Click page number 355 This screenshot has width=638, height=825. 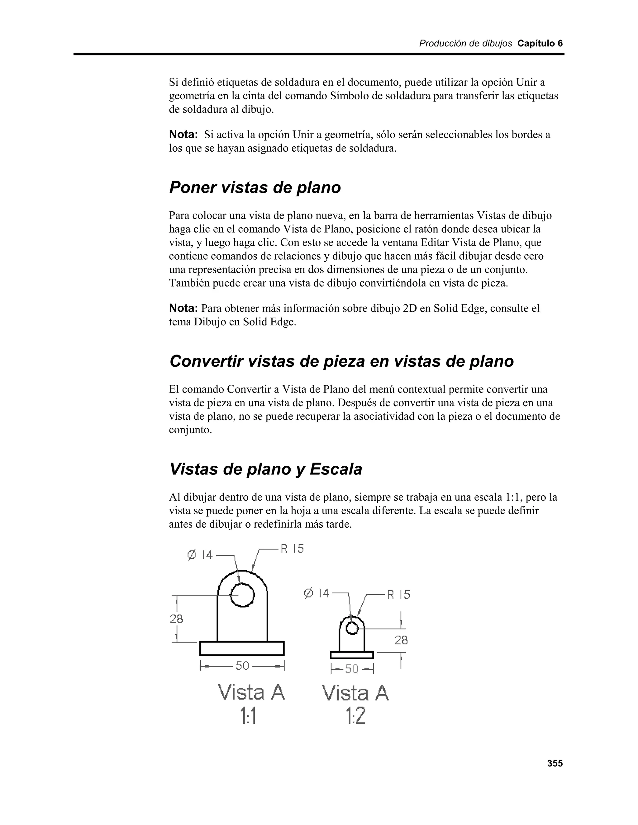tap(555, 763)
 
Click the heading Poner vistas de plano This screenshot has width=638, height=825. tap(255, 188)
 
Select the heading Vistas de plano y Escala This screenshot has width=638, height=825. tap(266, 469)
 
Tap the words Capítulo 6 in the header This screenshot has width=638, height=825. tap(540, 44)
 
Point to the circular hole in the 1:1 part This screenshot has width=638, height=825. tap(242, 595)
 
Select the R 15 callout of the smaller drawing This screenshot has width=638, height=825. tap(398, 595)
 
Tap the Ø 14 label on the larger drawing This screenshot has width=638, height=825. tap(200, 555)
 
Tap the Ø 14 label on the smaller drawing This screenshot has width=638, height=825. tap(317, 593)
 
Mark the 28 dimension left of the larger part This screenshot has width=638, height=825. tap(176, 619)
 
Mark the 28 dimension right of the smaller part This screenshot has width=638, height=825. tap(401, 640)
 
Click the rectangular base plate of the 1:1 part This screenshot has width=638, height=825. tap(242, 648)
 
